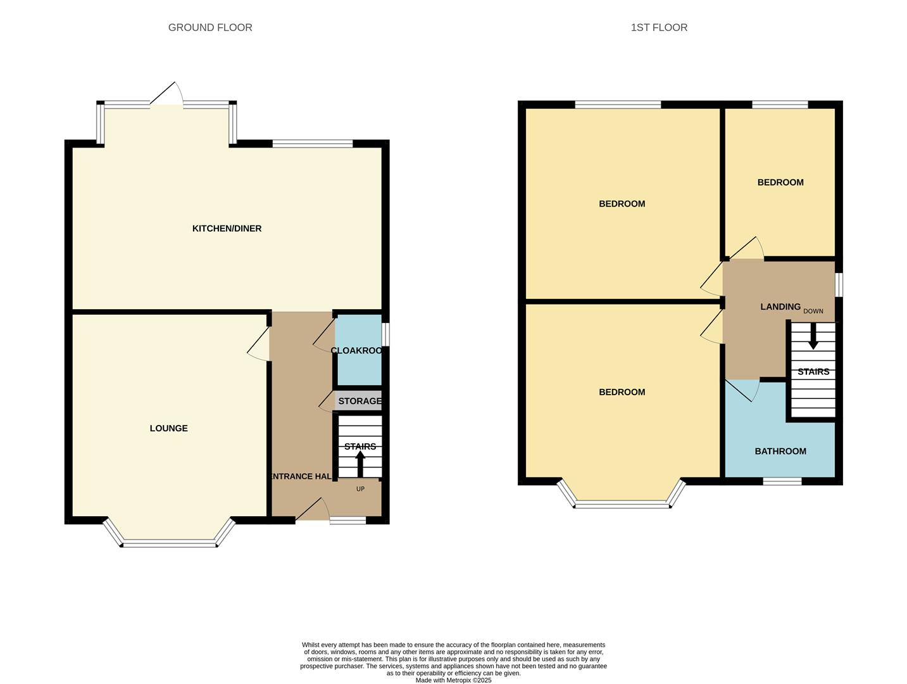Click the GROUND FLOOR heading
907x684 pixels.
pyautogui.click(x=210, y=27)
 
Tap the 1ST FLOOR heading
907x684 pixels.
pyautogui.click(x=659, y=27)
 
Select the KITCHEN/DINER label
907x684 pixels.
pyautogui.click(x=227, y=229)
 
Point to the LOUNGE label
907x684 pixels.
pyautogui.click(x=168, y=428)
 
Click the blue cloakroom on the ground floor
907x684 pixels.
pyautogui.click(x=358, y=350)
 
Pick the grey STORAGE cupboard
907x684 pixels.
pyautogui.click(x=358, y=400)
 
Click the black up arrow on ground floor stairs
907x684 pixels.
pyautogui.click(x=360, y=464)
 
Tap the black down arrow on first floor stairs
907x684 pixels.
pyautogui.click(x=813, y=336)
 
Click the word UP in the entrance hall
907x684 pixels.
pyautogui.click(x=360, y=489)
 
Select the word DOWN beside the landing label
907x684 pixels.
pyautogui.click(x=813, y=311)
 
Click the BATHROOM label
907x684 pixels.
pyautogui.click(x=780, y=452)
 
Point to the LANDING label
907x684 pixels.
pyautogui.click(x=780, y=307)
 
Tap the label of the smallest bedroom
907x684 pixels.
pyautogui.click(x=780, y=182)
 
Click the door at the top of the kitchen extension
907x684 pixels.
pyautogui.click(x=166, y=93)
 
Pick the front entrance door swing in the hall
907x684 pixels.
pyautogui.click(x=313, y=509)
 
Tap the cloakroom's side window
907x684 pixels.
pyautogui.click(x=385, y=334)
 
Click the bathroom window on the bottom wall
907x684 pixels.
pyautogui.click(x=782, y=481)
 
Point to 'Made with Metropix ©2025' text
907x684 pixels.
pyautogui.click(x=453, y=680)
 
